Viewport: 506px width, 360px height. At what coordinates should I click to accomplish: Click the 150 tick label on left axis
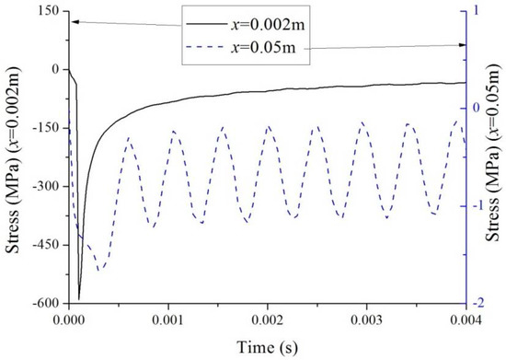coord(51,12)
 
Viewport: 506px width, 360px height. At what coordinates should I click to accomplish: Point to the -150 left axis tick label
coord(47,129)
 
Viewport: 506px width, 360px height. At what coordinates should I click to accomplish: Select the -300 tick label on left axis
coord(47,187)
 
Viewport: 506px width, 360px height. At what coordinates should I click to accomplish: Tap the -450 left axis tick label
coord(47,246)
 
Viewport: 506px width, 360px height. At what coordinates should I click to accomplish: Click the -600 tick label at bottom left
coord(47,304)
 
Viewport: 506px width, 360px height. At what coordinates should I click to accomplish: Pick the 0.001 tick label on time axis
coord(168,320)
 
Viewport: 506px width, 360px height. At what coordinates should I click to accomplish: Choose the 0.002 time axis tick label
coord(268,320)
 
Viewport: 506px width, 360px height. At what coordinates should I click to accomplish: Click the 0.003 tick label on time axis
coord(367,320)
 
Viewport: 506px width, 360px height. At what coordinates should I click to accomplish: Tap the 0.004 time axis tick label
coord(466,320)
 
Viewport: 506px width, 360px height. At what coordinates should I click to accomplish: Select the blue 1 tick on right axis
coord(477,11)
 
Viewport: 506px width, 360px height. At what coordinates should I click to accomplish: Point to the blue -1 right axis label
coord(478,206)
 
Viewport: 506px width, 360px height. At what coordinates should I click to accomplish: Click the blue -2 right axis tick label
coord(478,304)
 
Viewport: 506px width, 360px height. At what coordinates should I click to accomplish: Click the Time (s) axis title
coord(267,348)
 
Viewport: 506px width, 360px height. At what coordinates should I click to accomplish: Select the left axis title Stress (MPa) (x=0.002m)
coord(13,160)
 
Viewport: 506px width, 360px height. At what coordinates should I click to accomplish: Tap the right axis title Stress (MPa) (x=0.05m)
coord(495,153)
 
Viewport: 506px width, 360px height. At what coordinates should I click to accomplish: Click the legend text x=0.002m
coord(268,25)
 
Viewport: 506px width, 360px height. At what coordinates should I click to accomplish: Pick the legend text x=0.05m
coord(263,48)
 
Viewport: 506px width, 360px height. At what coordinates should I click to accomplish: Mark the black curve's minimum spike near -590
coord(79,299)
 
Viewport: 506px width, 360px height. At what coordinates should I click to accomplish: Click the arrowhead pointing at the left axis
coord(75,21)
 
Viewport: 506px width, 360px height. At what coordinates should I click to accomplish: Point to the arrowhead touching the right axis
coord(462,45)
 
